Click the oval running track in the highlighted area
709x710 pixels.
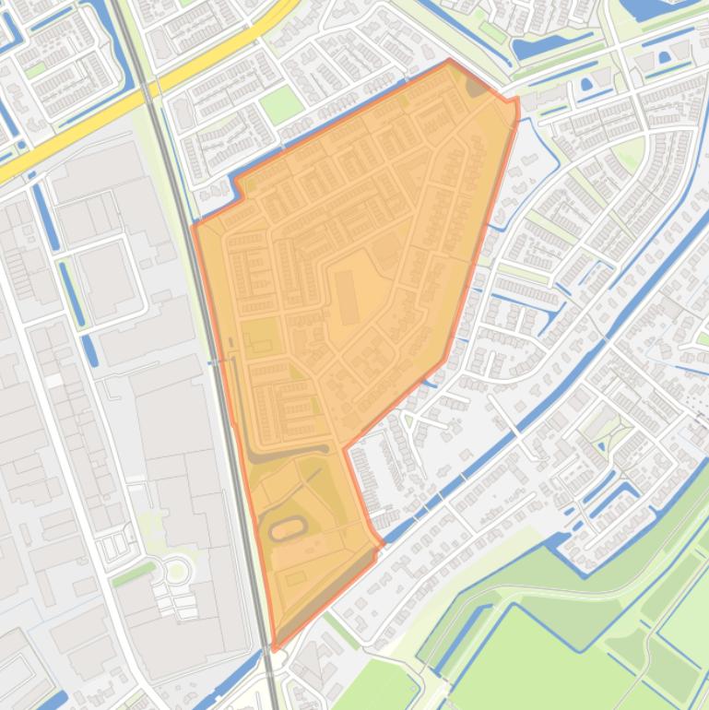pyautogui.click(x=287, y=529)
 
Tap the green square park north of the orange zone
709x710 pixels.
pyautogui.click(x=281, y=106)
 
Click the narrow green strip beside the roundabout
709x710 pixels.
pyautogui.click(x=135, y=574)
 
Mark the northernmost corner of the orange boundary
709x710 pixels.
pyautogui.click(x=450, y=61)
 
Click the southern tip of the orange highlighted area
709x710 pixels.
pyautogui.click(x=275, y=649)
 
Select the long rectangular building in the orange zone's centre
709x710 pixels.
pyautogui.click(x=348, y=298)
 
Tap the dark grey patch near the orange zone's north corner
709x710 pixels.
pyautogui.click(x=477, y=86)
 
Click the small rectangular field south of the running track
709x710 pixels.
pyautogui.click(x=295, y=578)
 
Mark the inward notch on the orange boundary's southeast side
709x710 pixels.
pyautogui.click(x=346, y=449)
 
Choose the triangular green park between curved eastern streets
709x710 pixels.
pyautogui.click(x=629, y=153)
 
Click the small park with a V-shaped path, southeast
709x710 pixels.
pyautogui.click(x=611, y=433)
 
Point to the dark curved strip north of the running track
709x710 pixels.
pyautogui.click(x=286, y=452)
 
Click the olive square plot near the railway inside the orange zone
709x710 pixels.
pyautogui.click(x=260, y=337)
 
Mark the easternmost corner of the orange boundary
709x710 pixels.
pyautogui.click(x=517, y=98)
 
